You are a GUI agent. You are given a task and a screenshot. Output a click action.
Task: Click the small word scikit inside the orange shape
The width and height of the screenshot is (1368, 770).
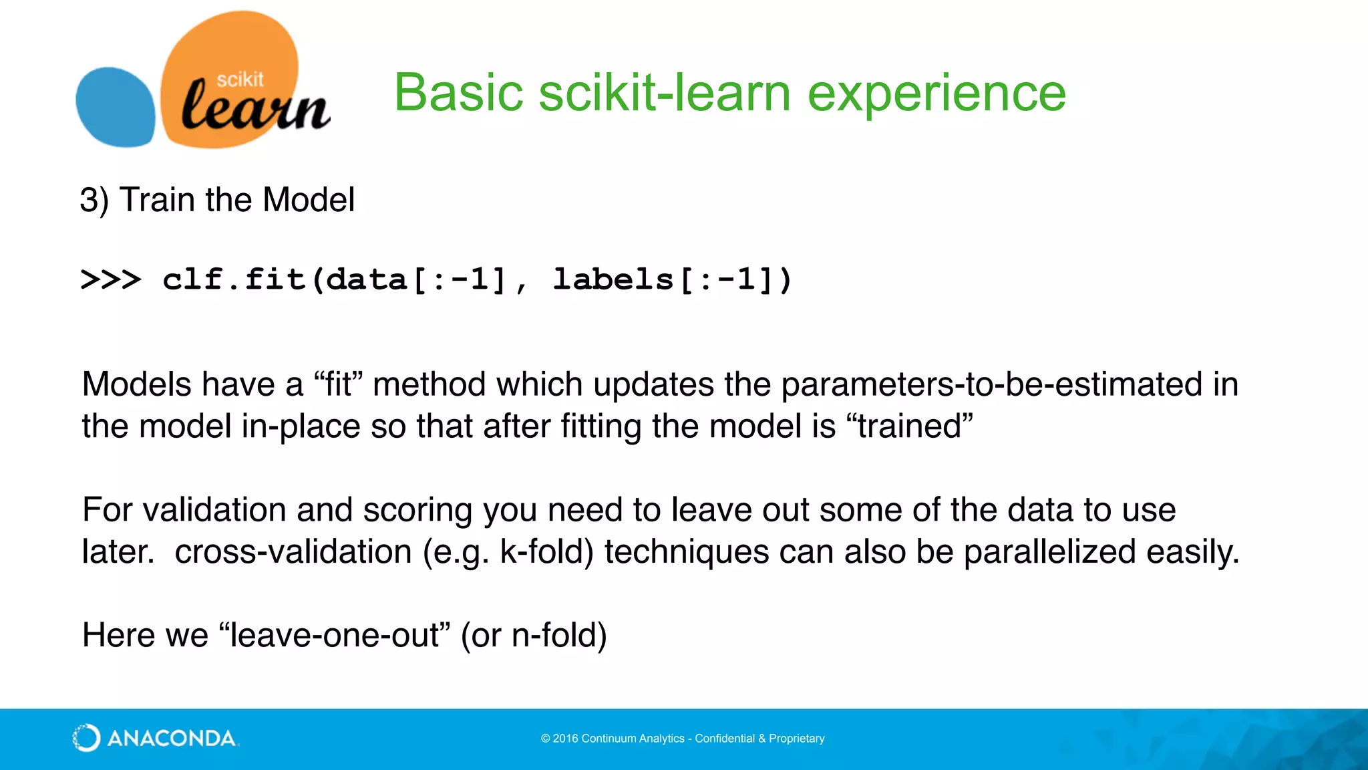[x=240, y=80]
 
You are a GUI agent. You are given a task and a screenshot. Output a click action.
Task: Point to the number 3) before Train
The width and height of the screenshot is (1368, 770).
[x=94, y=200]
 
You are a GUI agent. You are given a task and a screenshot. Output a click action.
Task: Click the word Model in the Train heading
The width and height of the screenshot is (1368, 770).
[x=309, y=200]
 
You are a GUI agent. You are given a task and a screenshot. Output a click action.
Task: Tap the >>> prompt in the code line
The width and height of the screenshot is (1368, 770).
[x=111, y=279]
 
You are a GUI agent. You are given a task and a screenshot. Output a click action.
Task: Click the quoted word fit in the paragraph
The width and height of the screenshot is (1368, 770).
[x=337, y=384]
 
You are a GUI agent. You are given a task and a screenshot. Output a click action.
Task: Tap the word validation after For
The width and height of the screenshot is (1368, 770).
[x=214, y=510]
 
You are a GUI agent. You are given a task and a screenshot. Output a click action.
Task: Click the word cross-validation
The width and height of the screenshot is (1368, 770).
[x=293, y=552]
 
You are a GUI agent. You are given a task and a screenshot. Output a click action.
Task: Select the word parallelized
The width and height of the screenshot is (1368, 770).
[x=1050, y=552]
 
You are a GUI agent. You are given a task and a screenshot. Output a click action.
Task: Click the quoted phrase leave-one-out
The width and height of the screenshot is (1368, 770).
[x=335, y=635]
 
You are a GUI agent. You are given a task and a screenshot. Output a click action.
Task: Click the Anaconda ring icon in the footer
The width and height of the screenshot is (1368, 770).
[x=86, y=738]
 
